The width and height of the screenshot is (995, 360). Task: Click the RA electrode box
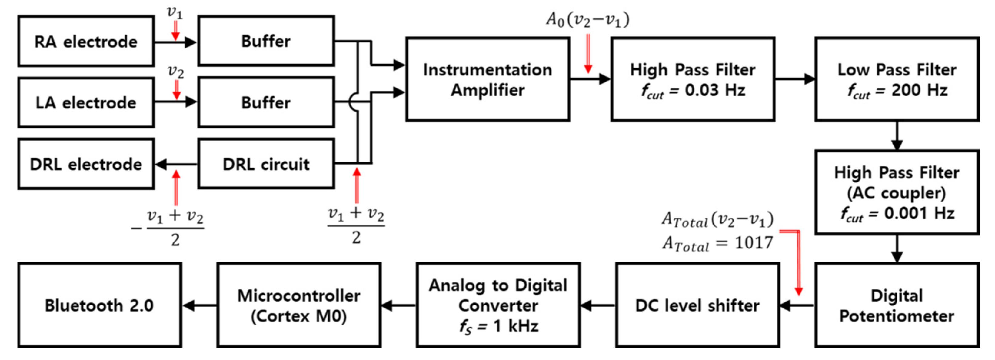(86, 41)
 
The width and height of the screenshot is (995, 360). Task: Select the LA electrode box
(86, 102)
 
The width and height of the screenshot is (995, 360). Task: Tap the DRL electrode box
(86, 164)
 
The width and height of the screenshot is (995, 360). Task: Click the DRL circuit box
(266, 164)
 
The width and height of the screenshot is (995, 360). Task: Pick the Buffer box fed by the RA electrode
(266, 41)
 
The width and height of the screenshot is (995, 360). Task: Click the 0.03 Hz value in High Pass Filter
(714, 90)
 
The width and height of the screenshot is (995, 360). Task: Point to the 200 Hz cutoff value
(919, 90)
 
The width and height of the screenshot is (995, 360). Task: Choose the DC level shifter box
(697, 305)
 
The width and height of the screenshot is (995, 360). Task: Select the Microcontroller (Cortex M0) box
(298, 305)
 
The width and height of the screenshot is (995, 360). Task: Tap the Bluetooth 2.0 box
(99, 305)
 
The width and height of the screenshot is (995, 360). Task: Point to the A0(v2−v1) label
(587, 19)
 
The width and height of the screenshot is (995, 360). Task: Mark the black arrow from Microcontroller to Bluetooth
(199, 305)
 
